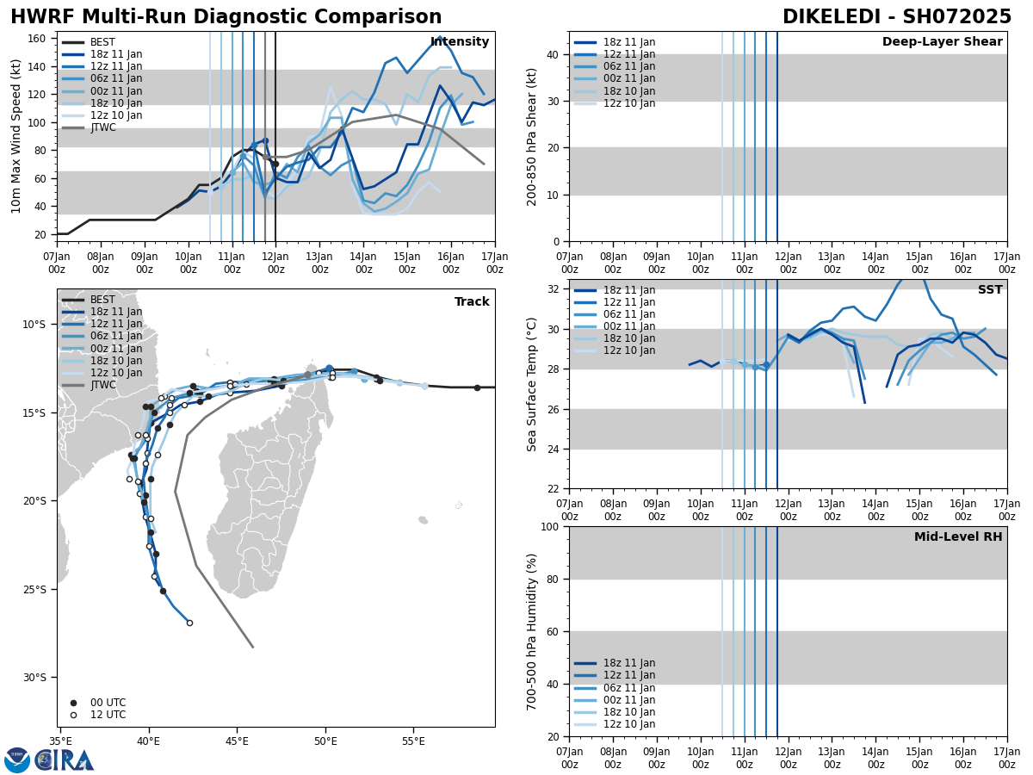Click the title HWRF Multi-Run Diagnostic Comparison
pyautogui.click(x=226, y=17)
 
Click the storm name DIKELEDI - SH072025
pyautogui.click(x=897, y=17)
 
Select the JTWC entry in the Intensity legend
pyautogui.click(x=102, y=127)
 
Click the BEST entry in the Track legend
pyautogui.click(x=102, y=300)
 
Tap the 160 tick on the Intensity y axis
pyautogui.click(x=36, y=39)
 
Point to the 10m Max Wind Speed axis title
pyautogui.click(x=15, y=136)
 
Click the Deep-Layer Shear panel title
pyautogui.click(x=942, y=42)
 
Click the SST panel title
pyautogui.click(x=989, y=290)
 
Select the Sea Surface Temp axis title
pyautogui.click(x=533, y=384)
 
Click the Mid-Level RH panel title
pyautogui.click(x=957, y=537)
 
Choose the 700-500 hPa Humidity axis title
pyautogui.click(x=533, y=631)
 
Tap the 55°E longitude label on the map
pyautogui.click(x=414, y=741)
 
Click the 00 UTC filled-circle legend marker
pyautogui.click(x=73, y=703)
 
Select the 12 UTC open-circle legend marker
pyautogui.click(x=73, y=715)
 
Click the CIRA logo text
pyautogui.click(x=65, y=760)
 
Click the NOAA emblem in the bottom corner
pyautogui.click(x=17, y=760)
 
